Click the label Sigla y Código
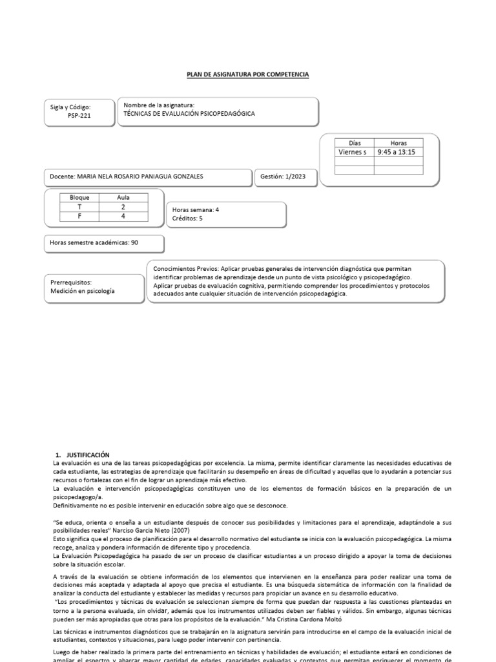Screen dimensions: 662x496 point(71,107)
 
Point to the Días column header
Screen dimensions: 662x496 point(355,142)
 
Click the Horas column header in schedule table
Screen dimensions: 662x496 point(398,142)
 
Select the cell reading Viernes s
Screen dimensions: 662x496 point(352,152)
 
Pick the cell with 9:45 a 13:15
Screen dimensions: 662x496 point(395,152)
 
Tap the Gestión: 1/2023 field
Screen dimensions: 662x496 point(282,176)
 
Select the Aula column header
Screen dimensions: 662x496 point(123,197)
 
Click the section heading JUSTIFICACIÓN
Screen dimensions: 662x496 point(88,455)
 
